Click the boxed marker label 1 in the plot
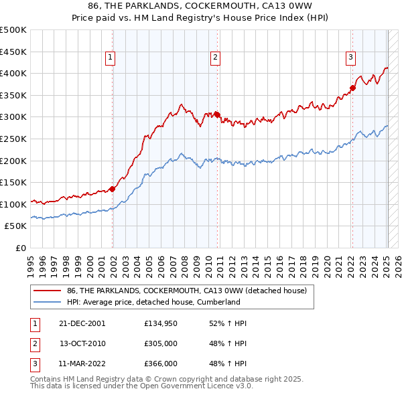110,58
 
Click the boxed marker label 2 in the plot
215,58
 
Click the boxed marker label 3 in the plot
350,58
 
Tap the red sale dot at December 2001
113,189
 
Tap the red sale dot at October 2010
217,114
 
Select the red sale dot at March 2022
352,88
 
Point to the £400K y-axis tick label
14,74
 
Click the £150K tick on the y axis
14,182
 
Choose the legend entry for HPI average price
153,302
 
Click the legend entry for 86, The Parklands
187,291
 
